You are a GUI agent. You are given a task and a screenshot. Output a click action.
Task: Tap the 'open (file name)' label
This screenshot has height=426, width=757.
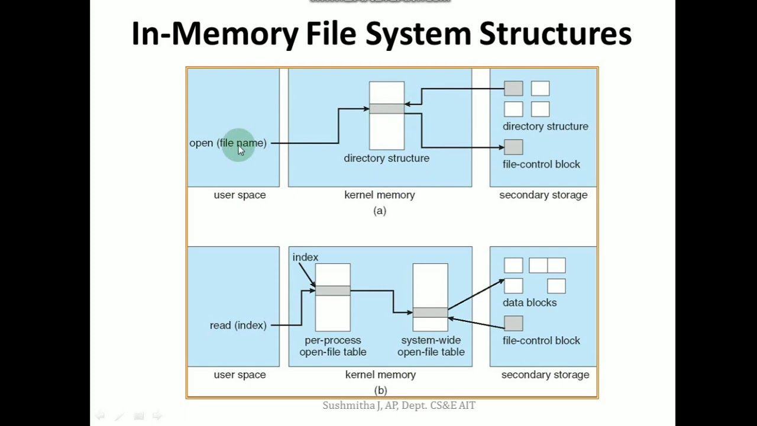pos(228,143)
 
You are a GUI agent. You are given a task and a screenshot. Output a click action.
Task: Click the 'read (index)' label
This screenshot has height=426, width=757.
pos(238,325)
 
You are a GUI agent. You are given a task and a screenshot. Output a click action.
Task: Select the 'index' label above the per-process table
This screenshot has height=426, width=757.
pos(305,257)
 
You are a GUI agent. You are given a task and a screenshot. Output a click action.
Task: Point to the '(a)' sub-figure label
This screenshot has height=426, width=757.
pos(380,211)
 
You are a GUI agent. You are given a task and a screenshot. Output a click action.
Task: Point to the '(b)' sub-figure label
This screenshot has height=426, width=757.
pos(380,390)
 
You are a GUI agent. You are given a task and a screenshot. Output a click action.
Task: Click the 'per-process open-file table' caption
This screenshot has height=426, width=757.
pos(333,346)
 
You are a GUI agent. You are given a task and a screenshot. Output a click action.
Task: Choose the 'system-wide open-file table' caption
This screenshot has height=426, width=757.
pos(431,346)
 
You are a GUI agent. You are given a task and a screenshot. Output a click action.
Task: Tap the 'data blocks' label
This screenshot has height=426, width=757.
pos(529,302)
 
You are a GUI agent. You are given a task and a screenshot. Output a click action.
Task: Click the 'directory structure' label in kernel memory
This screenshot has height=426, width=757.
pos(386,159)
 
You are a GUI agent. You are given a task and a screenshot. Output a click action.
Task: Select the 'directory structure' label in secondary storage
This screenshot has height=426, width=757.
pos(545,127)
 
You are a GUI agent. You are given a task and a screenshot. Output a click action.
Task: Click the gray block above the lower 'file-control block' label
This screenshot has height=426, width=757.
pos(513,323)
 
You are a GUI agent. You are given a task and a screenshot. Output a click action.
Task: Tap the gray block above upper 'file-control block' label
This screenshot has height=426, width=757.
pos(513,147)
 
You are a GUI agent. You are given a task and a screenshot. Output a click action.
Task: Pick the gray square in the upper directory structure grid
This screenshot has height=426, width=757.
pos(513,89)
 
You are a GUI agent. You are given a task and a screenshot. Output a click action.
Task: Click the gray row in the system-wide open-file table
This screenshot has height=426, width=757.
pos(430,312)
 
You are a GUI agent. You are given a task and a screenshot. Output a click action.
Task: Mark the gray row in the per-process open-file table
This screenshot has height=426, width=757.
pos(332,291)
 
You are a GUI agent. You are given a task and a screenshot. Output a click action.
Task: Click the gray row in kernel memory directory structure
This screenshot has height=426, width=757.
pos(387,109)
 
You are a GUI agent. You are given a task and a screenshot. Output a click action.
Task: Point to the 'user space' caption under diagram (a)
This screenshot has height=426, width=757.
pos(240,195)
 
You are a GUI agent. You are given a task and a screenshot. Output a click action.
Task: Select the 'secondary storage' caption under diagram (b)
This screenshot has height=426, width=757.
pos(545,375)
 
